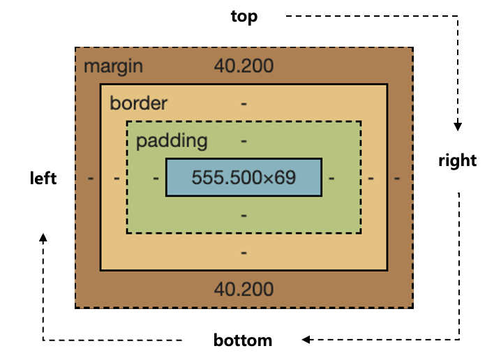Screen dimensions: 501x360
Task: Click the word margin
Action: tap(113, 66)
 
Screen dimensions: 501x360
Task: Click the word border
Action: tap(138, 103)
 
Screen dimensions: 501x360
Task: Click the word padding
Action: tap(172, 140)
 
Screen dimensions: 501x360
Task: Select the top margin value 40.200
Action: tap(244, 66)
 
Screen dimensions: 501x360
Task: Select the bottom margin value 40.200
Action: tap(244, 289)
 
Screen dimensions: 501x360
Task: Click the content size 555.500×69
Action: tap(244, 177)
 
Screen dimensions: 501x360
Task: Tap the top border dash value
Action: tap(244, 103)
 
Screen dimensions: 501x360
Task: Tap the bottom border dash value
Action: tap(244, 252)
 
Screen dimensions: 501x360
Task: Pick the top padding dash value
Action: tap(244, 140)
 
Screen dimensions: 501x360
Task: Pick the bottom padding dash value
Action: tap(244, 215)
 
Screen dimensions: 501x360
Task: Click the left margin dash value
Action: tap(91, 178)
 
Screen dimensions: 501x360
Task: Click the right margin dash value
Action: tap(396, 178)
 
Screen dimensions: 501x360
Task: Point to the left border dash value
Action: tap(117, 178)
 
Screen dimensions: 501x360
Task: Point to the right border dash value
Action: tap(371, 178)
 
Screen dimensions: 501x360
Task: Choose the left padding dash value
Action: tap(156, 178)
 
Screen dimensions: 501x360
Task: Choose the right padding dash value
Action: tap(331, 178)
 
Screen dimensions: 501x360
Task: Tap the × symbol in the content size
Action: tap(269, 178)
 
